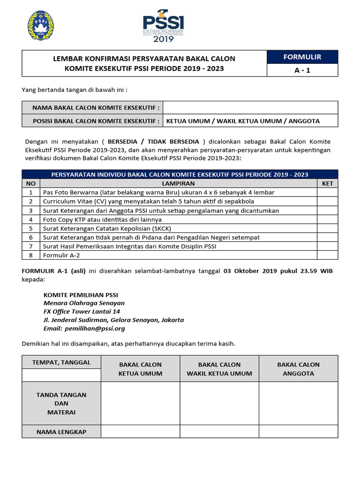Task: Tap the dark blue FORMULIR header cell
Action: tap(302, 57)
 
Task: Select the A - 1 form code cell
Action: tap(302, 70)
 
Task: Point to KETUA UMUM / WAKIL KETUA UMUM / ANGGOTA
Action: tap(243, 121)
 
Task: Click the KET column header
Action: tap(327, 183)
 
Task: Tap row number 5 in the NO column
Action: tap(31, 228)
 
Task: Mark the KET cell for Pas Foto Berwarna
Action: tap(327, 192)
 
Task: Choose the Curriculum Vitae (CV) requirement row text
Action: tap(148, 202)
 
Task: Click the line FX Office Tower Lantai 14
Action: tap(82, 311)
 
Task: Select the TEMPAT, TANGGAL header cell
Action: tap(61, 362)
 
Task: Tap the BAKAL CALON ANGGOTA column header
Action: tap(298, 369)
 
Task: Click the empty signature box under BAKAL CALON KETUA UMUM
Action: tap(141, 403)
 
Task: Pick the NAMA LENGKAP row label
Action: tap(61, 432)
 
